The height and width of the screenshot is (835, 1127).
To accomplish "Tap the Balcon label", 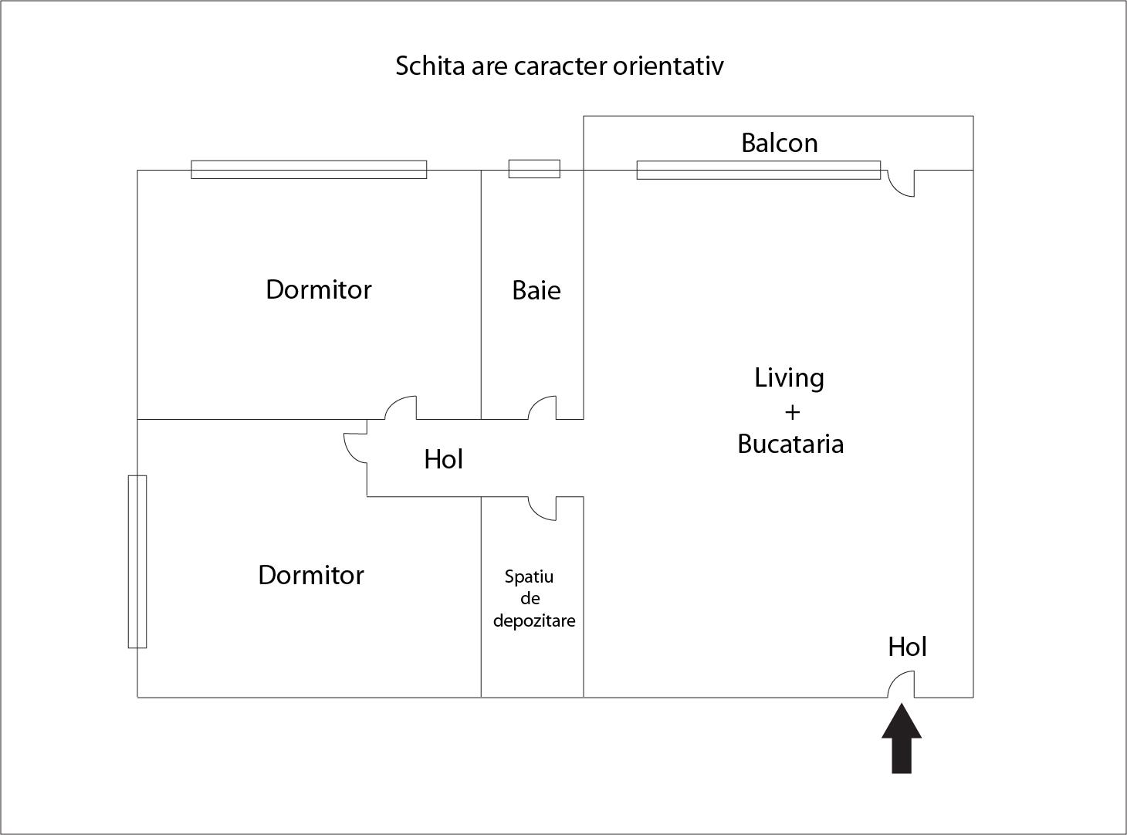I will coord(779,143).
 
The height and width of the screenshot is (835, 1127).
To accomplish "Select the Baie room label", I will coord(536,290).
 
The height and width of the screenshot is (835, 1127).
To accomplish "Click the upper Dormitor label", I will coord(318,289).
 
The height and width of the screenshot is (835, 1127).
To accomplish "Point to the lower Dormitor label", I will coord(310,575).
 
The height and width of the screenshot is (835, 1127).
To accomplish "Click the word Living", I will coord(789,377).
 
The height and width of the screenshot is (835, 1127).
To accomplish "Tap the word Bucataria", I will coord(790,444).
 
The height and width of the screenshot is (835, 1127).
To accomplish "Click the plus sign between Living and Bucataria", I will coord(792,412).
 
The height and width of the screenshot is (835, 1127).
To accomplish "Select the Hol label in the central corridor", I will coord(443,459).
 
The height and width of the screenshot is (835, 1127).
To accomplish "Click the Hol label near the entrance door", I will coord(907,647).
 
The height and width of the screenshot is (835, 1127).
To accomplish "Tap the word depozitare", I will coord(533,620).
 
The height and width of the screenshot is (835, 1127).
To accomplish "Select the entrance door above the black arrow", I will coord(901,685).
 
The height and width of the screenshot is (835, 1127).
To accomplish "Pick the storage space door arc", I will coord(542,508).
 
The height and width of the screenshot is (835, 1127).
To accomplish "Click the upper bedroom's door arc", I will coord(401,407).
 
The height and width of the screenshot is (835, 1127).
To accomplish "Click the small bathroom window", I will coord(534,169).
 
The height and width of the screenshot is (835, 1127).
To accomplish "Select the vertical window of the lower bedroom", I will coord(137,561).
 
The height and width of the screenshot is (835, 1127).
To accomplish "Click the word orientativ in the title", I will coord(668,66).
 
